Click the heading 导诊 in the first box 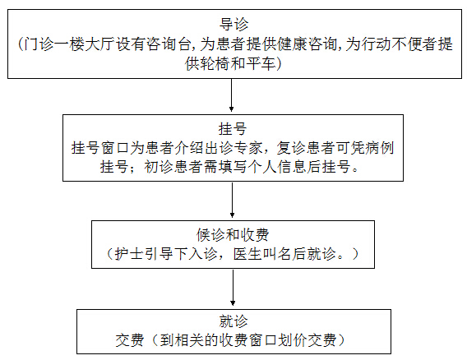coord(233,25)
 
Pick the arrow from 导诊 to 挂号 coord(231,95)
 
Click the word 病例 coord(380,148)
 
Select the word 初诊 coord(159,167)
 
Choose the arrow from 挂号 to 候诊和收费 coord(233,200)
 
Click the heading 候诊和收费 coord(233,235)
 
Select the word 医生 coord(247,254)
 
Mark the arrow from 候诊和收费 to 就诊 coord(233,288)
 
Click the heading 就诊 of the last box coord(233,321)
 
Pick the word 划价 coord(292,340)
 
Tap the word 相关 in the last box coord(189,340)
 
